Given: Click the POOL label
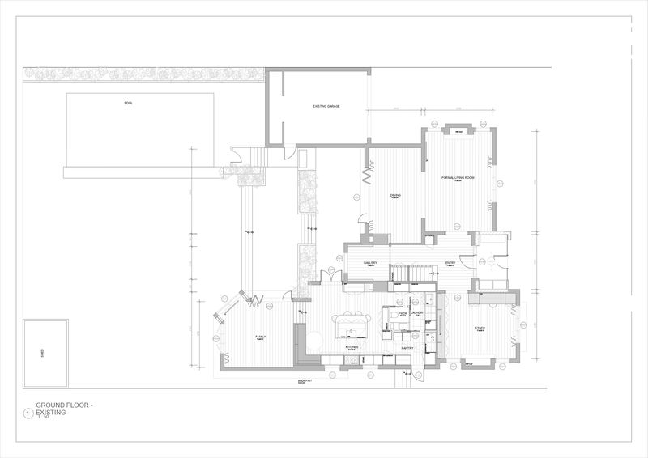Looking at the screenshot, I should [x=128, y=103].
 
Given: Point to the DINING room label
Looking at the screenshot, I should [x=394, y=195].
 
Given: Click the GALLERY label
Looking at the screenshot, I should [x=371, y=263].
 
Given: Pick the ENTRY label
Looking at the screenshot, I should [x=451, y=263].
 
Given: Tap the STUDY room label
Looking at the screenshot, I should [x=480, y=328].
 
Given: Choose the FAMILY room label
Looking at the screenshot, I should [x=261, y=336].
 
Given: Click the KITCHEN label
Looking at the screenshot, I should [x=352, y=346].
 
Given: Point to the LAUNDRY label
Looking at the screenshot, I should [x=418, y=312].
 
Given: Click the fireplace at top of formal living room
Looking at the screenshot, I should [x=458, y=130].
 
